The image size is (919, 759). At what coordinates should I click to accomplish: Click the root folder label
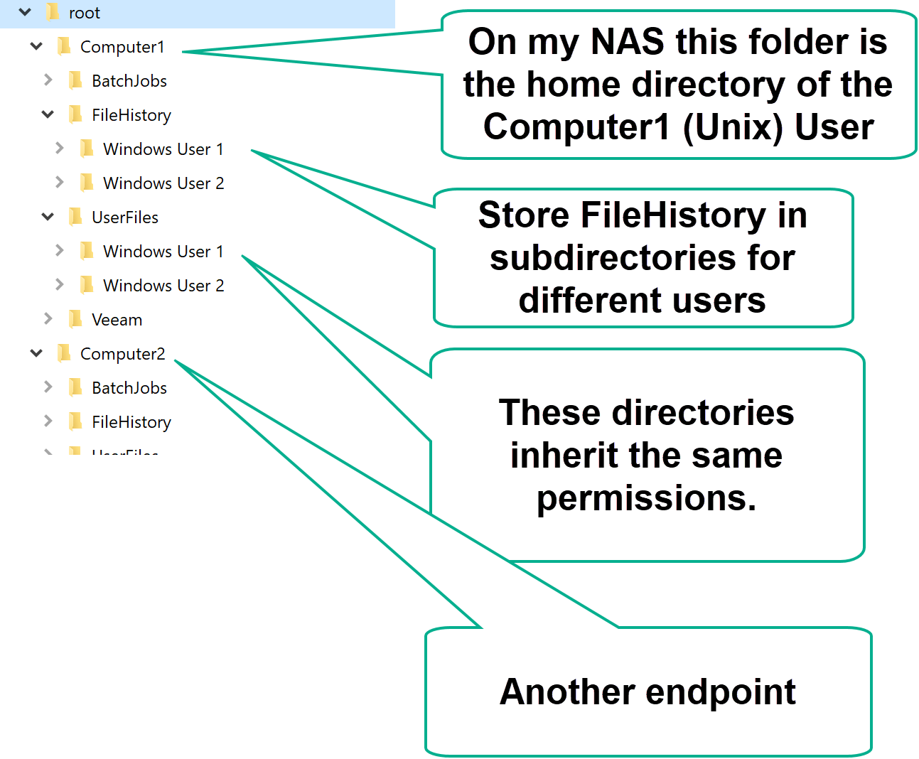coord(84,13)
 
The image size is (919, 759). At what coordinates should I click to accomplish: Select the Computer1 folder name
coord(122,47)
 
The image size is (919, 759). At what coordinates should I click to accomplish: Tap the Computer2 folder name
coord(122,354)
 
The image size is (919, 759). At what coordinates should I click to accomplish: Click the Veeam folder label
coord(117,320)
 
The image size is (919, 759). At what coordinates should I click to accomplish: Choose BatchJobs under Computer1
coord(129,81)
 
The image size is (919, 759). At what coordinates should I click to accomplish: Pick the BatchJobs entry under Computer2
coord(129,388)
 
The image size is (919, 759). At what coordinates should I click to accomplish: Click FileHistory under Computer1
coord(131,115)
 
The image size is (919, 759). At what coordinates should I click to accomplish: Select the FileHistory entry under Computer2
coord(131,422)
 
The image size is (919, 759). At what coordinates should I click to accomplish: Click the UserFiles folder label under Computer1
coord(124,217)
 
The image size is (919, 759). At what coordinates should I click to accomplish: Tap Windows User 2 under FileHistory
coord(163,183)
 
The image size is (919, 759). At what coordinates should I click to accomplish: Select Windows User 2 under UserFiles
coord(163,286)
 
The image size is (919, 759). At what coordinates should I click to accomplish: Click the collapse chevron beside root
coord(25,12)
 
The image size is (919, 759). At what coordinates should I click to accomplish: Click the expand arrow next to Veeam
coord(48,319)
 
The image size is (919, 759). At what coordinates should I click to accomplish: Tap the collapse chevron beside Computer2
coord(36,353)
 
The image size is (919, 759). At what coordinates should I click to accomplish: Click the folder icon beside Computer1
coord(64,47)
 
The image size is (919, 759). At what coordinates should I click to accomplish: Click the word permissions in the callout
coord(645,498)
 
